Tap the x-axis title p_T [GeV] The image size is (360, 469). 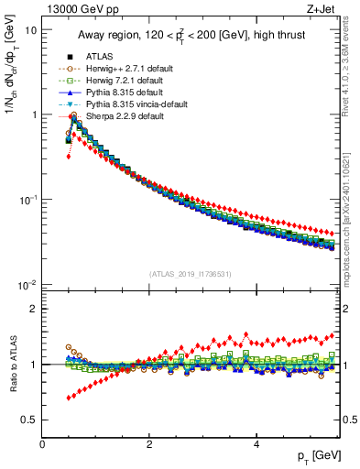314,455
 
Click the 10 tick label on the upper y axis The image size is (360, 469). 29,30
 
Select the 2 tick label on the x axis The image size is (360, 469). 148,443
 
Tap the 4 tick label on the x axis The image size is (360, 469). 256,443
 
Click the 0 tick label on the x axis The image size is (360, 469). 42,443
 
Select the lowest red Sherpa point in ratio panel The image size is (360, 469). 69,398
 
